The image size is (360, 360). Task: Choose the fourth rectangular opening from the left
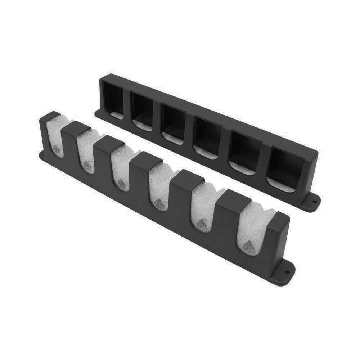(207, 136)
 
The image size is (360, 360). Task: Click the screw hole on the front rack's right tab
(287, 272)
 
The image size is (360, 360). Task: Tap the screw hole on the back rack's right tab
(314, 202)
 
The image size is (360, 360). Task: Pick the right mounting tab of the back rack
(312, 202)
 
